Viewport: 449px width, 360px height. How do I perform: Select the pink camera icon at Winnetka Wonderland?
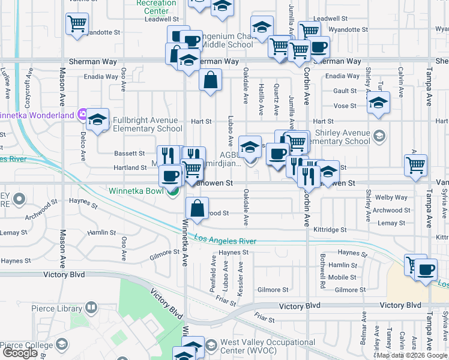click(82, 114)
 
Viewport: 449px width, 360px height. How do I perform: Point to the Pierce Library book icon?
click(91, 308)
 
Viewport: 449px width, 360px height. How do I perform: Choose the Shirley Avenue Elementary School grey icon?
click(379, 136)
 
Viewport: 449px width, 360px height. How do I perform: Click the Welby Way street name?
click(391, 197)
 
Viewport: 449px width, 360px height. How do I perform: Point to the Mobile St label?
click(342, 277)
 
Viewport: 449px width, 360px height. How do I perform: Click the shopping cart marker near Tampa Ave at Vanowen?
click(415, 165)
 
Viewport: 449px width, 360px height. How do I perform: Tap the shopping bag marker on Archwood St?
click(197, 209)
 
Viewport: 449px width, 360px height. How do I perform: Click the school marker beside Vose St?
click(378, 102)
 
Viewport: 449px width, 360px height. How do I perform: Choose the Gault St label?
click(345, 91)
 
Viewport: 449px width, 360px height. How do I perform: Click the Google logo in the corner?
click(20, 353)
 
